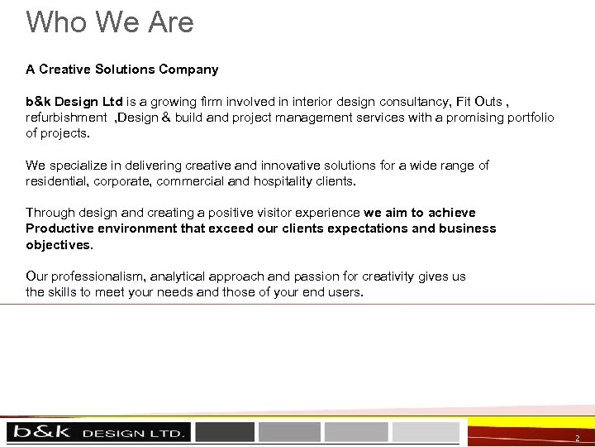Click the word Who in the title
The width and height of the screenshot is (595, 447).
[x=55, y=22]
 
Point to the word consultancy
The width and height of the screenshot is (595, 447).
[x=412, y=102]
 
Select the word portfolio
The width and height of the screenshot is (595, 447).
[x=528, y=118]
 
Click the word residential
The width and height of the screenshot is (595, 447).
[x=56, y=181]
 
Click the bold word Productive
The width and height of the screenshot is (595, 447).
[x=60, y=228]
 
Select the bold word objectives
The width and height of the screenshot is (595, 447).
[x=59, y=245]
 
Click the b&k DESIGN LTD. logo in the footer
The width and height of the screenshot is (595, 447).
[x=98, y=432]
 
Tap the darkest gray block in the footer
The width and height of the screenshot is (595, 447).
[x=225, y=432]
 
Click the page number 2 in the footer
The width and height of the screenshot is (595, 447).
[x=578, y=437]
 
